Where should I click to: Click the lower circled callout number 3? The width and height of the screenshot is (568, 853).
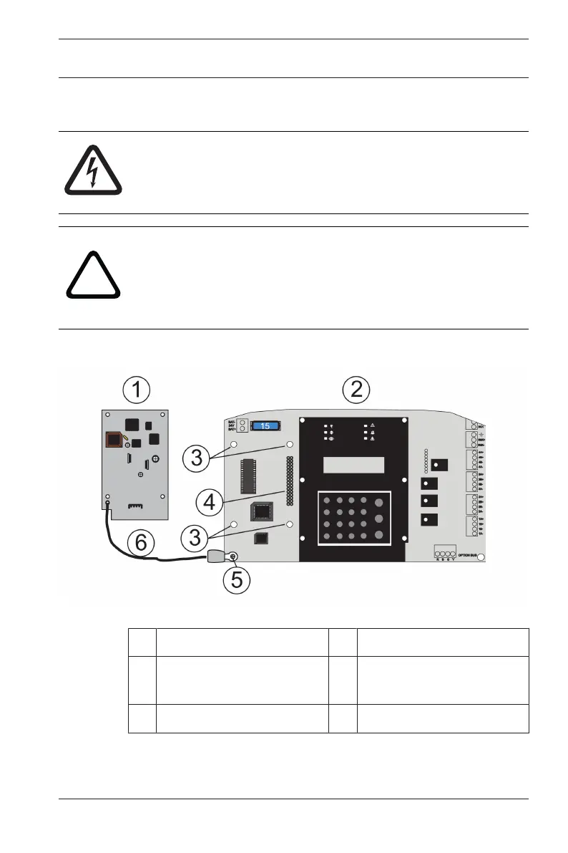click(196, 535)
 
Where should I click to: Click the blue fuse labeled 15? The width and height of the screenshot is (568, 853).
click(264, 425)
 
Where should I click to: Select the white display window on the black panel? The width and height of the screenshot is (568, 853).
click(353, 466)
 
